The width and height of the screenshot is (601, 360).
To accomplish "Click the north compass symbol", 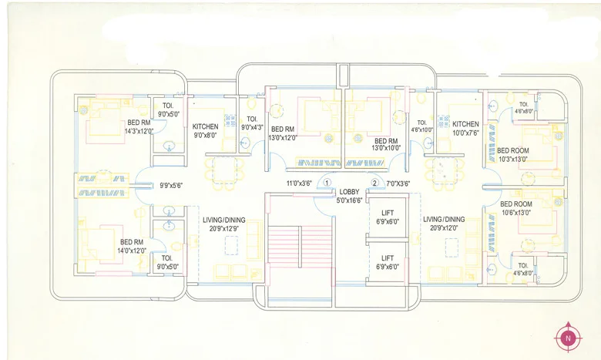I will click(x=568, y=337).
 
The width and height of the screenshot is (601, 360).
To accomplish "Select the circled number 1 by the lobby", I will click(x=327, y=183).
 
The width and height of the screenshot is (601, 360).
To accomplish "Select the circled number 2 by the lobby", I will click(x=375, y=183).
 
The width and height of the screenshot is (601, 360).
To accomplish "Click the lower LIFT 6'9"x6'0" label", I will click(x=388, y=263).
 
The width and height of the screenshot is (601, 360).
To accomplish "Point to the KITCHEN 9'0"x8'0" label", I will click(x=205, y=130).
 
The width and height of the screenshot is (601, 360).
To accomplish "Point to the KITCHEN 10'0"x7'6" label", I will click(x=465, y=128).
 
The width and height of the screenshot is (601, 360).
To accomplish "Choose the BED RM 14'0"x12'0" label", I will click(x=132, y=246).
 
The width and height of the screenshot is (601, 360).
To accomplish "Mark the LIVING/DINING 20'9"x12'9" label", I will click(x=223, y=224).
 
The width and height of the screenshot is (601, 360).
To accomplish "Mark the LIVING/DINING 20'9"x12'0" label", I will click(x=444, y=224).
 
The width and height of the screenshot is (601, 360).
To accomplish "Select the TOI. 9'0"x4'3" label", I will click(x=253, y=123).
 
